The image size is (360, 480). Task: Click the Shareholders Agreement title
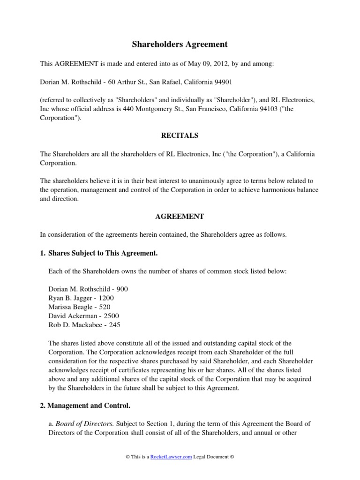180,45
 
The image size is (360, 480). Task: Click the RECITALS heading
180,135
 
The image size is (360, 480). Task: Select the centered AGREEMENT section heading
180,217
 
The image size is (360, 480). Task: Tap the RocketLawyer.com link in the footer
171,457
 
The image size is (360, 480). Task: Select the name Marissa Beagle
69,307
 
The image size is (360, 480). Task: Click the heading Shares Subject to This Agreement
103,254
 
